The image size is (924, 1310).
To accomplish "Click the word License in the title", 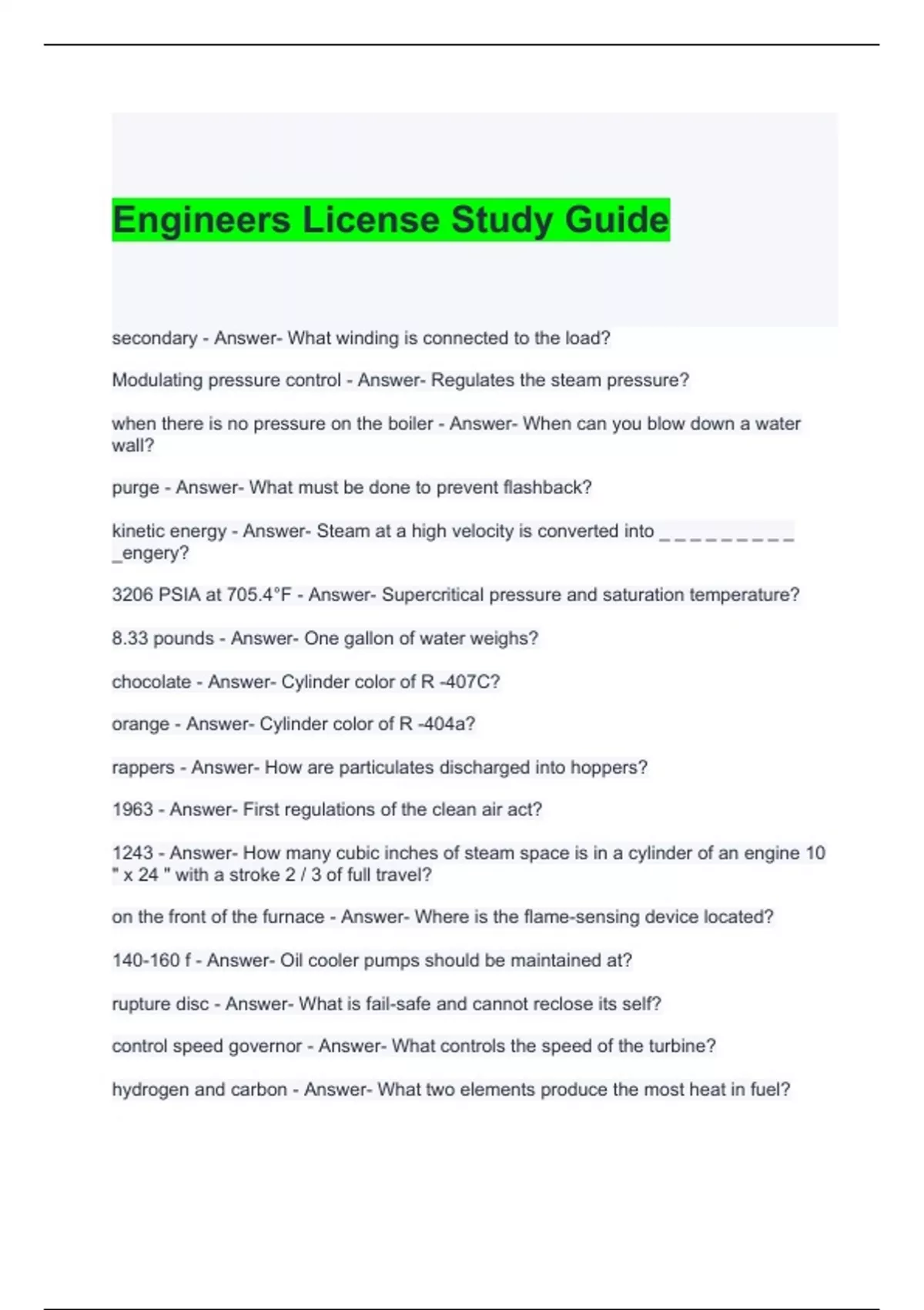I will [371, 220].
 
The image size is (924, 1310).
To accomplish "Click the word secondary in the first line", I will [154, 338].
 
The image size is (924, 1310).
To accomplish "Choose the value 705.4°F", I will [259, 595].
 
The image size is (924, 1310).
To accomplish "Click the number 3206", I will [132, 595].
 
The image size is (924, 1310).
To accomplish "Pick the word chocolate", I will [151, 682].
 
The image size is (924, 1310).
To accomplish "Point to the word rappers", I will [143, 768].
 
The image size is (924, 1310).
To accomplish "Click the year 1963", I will [132, 810].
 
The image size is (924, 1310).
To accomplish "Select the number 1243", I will [132, 853].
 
